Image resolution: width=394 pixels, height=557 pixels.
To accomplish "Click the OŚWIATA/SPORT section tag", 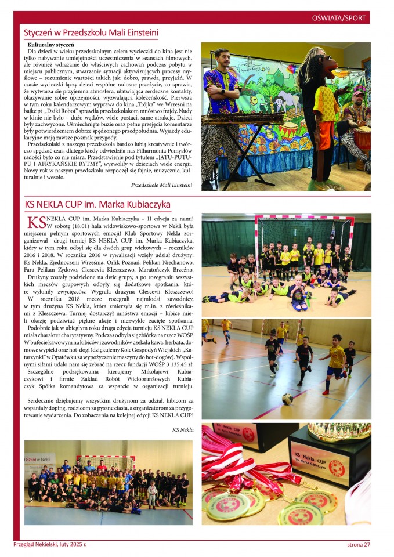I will coord(338,18).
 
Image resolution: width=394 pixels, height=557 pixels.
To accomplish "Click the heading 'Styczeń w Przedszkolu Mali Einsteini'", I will coord(91,34).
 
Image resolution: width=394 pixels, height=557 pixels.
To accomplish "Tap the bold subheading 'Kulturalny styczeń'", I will coord(50,45).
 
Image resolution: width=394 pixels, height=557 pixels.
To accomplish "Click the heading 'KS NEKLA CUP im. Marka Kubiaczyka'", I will coord(97,204).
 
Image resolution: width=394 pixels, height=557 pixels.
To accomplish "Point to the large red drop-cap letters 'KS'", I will coord(36,222).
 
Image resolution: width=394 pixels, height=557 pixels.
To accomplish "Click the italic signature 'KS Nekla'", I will coord(183,430).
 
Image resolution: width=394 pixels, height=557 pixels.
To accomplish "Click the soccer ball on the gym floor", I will coord(287,399).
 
